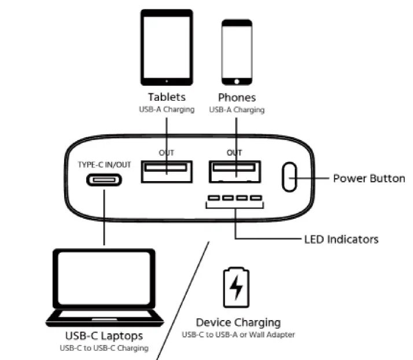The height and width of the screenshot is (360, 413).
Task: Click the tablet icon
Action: coord(167,47)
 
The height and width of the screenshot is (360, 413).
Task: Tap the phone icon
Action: coord(237,53)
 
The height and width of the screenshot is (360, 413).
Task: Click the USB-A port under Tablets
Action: coord(167,169)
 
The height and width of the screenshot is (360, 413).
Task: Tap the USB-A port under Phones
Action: coord(234,170)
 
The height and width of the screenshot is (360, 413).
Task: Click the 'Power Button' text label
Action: coord(369,178)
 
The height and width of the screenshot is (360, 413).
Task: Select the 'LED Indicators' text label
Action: coord(341,239)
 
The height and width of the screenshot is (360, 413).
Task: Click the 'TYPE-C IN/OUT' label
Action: coord(105,164)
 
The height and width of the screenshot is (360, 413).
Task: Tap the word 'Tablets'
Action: coord(167,97)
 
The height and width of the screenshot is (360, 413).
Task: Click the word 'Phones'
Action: coord(237,97)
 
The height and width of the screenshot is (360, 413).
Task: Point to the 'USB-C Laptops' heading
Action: coord(104,336)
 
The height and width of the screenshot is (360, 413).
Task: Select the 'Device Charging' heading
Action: coord(238,322)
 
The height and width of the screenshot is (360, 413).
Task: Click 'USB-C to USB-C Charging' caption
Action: coord(104,348)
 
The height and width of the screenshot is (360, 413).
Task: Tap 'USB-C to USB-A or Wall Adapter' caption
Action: coord(238,335)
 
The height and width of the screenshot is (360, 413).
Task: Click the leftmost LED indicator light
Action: coord(213,199)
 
